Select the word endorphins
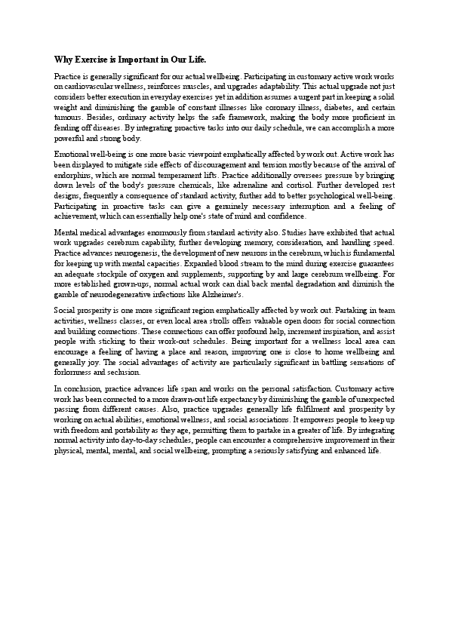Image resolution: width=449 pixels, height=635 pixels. (73, 184)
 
